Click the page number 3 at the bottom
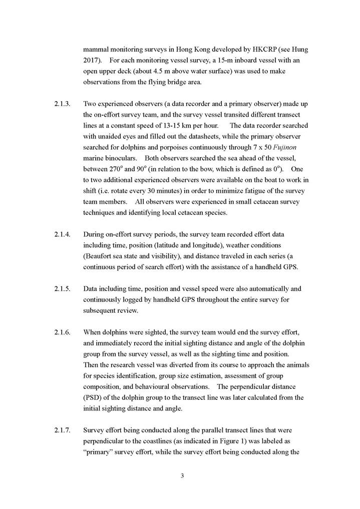point(182,475)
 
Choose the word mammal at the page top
point(97,50)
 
